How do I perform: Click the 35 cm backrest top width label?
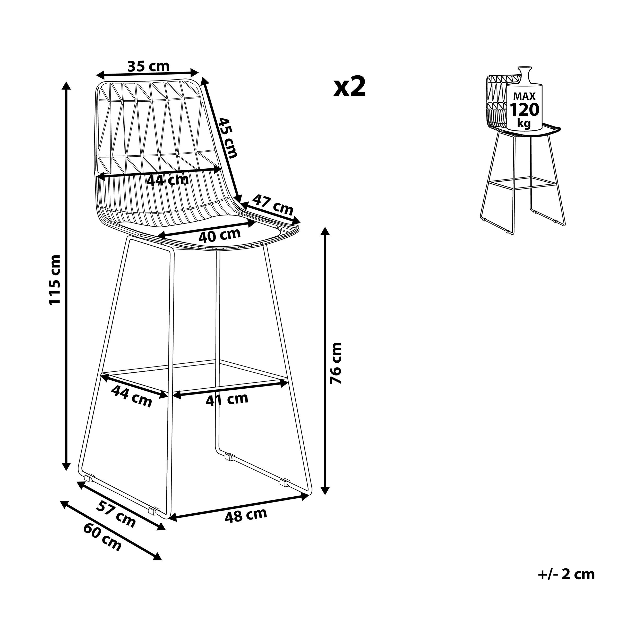pyautogui.click(x=148, y=66)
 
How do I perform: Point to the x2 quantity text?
pyautogui.click(x=349, y=87)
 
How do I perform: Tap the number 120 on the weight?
pyautogui.click(x=524, y=110)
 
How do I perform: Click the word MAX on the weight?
pyautogui.click(x=524, y=96)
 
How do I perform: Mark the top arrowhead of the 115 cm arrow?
pyautogui.click(x=66, y=86)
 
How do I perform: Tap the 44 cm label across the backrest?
pyautogui.click(x=168, y=180)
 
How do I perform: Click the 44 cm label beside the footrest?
pyautogui.click(x=132, y=397)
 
